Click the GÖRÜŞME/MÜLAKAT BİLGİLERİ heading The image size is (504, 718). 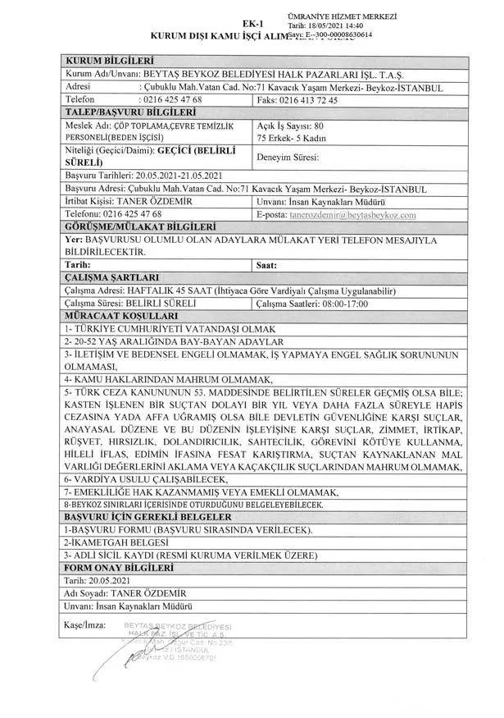coord(139,226)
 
